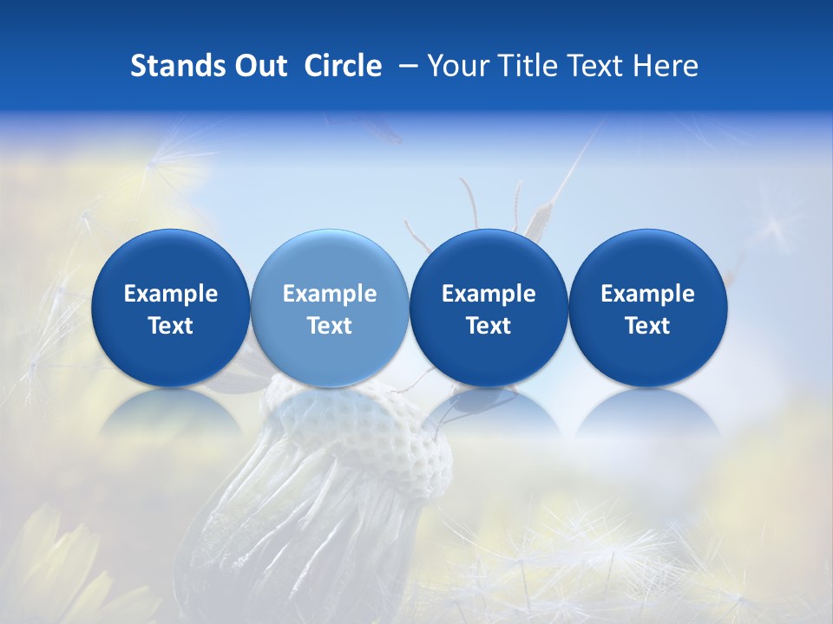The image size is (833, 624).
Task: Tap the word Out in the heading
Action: pyautogui.click(x=258, y=66)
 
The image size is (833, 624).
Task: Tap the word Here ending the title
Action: pyautogui.click(x=665, y=66)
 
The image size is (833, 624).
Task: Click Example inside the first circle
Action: pyautogui.click(x=170, y=294)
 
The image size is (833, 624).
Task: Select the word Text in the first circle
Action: pyautogui.click(x=170, y=326)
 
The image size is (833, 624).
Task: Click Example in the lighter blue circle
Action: pyautogui.click(x=330, y=294)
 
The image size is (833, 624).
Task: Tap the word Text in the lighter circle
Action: pyautogui.click(x=330, y=326)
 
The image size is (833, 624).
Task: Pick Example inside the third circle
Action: pyautogui.click(x=489, y=294)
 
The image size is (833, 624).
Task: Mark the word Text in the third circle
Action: pyautogui.click(x=489, y=326)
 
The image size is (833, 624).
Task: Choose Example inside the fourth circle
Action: pyautogui.click(x=647, y=294)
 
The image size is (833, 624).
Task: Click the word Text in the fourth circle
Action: pyautogui.click(x=647, y=326)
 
